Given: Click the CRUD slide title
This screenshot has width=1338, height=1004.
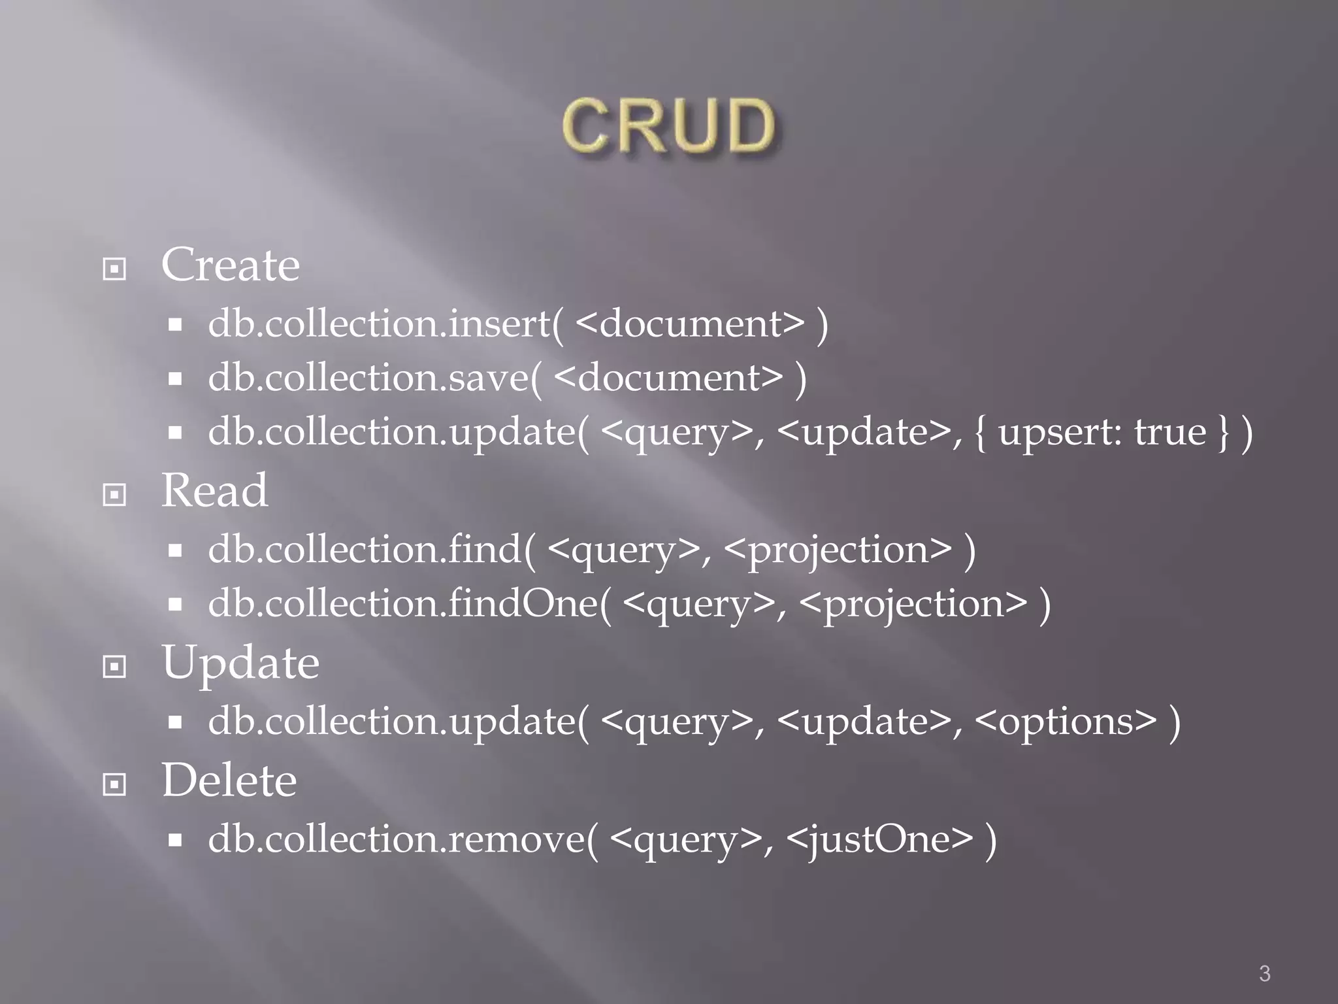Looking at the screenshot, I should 668,126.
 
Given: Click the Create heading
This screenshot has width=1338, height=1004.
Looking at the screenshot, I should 231,265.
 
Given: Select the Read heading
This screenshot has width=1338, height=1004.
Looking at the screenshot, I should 214,490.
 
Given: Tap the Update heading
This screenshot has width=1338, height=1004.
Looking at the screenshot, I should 240,663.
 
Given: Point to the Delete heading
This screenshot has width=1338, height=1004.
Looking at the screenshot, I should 229,780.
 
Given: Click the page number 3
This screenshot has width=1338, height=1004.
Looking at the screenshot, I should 1265,973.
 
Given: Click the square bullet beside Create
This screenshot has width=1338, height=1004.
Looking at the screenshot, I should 115,269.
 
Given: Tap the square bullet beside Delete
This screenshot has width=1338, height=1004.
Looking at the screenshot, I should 115,784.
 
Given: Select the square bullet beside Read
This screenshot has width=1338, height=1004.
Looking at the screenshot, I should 115,494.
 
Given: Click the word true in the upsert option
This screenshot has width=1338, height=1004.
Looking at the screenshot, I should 1169,432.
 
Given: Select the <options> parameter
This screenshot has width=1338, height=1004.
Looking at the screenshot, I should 1066,722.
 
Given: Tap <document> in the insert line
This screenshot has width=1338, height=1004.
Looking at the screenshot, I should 691,324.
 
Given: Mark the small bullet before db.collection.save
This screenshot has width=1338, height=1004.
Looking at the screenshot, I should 174,378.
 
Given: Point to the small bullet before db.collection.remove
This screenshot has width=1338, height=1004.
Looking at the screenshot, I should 174,840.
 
